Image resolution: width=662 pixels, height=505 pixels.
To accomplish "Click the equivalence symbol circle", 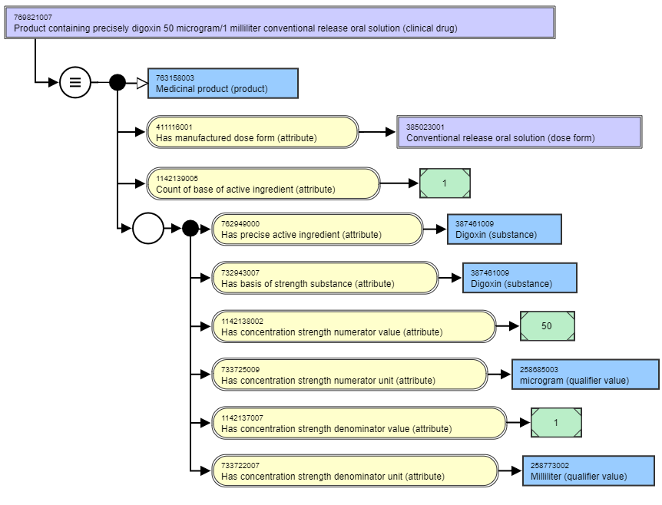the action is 75,82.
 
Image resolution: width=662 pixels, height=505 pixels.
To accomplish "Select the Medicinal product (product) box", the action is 223,83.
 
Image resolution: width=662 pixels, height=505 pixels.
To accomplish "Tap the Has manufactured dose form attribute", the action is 253,132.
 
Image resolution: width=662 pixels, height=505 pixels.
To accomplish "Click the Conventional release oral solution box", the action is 519,132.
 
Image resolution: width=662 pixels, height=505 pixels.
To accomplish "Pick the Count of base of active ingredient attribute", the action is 263,183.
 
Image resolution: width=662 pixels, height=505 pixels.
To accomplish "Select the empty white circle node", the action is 148,228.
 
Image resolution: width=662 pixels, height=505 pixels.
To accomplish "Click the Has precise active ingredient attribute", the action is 317,229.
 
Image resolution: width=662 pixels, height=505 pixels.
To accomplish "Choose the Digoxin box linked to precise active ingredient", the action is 505,229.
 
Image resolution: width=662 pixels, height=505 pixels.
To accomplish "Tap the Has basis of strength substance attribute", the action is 325,278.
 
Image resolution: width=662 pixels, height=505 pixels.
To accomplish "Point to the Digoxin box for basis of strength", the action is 520,278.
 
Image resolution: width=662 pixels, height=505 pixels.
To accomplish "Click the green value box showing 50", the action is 548,325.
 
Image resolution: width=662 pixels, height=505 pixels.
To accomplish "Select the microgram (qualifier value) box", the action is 585,375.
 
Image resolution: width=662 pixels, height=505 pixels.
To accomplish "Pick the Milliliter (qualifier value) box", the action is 588,470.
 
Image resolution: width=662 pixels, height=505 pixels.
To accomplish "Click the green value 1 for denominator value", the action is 556,422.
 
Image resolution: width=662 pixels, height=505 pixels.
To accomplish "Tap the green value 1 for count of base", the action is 445,183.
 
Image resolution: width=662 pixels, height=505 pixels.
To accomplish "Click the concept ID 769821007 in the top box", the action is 33,18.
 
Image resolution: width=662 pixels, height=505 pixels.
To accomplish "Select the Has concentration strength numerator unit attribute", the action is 349,375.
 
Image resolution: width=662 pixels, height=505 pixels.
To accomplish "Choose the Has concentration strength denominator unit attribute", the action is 355,470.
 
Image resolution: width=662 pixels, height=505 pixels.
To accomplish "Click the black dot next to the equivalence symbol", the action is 118,82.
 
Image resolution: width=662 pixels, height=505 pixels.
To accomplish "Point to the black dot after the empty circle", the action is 190,228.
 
